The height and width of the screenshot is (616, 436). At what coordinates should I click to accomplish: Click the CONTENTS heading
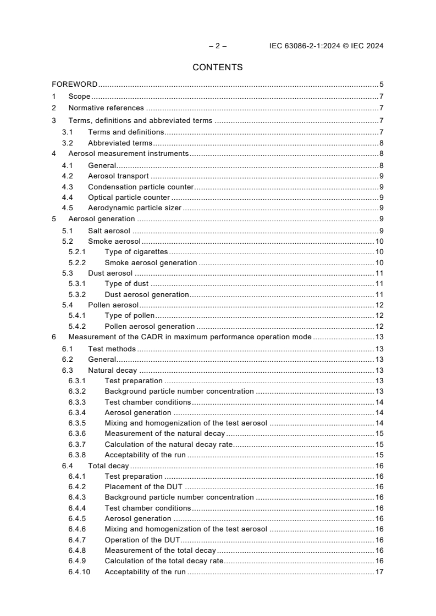click(217, 68)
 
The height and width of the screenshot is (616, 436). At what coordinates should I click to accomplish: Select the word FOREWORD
click(75, 85)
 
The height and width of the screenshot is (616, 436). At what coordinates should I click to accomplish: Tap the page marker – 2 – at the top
click(217, 46)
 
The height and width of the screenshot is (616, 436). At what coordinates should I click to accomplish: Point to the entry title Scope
click(79, 96)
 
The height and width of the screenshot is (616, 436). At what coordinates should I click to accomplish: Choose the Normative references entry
click(106, 108)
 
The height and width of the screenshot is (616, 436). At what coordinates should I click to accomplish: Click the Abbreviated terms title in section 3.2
click(120, 143)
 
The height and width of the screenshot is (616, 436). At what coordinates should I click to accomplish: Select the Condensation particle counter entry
click(141, 187)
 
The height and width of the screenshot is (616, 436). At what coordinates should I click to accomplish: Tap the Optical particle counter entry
click(129, 197)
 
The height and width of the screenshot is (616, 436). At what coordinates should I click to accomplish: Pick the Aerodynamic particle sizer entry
click(135, 208)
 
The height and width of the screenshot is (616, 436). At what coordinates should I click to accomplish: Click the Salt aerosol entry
click(109, 231)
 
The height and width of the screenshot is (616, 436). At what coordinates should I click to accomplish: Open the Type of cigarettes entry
click(136, 251)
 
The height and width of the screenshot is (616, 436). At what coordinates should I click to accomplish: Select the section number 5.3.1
click(77, 284)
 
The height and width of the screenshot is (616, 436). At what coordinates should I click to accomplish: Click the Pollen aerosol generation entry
click(150, 327)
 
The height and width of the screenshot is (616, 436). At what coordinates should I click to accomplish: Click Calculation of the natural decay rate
click(169, 445)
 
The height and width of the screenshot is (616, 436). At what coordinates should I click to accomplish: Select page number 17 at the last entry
click(379, 572)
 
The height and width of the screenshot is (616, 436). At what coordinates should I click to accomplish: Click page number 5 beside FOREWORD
click(381, 85)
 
